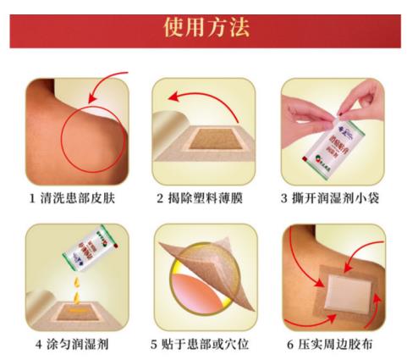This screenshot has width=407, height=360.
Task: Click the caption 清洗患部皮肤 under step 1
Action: [x=81, y=200]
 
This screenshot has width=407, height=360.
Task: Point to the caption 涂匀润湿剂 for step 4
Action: [x=83, y=344]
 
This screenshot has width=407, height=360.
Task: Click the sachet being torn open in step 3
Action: [x=333, y=136]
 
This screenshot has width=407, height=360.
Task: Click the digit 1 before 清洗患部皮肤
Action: [x=30, y=200]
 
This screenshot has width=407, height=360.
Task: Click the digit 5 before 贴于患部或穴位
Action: [x=153, y=344]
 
